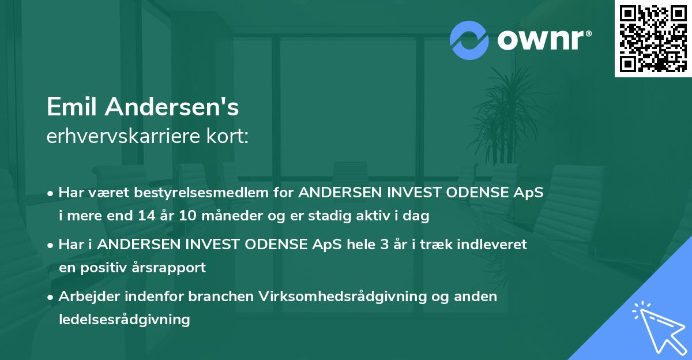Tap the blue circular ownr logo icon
(469, 40)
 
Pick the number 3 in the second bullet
(384, 244)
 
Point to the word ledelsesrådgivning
(124, 319)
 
